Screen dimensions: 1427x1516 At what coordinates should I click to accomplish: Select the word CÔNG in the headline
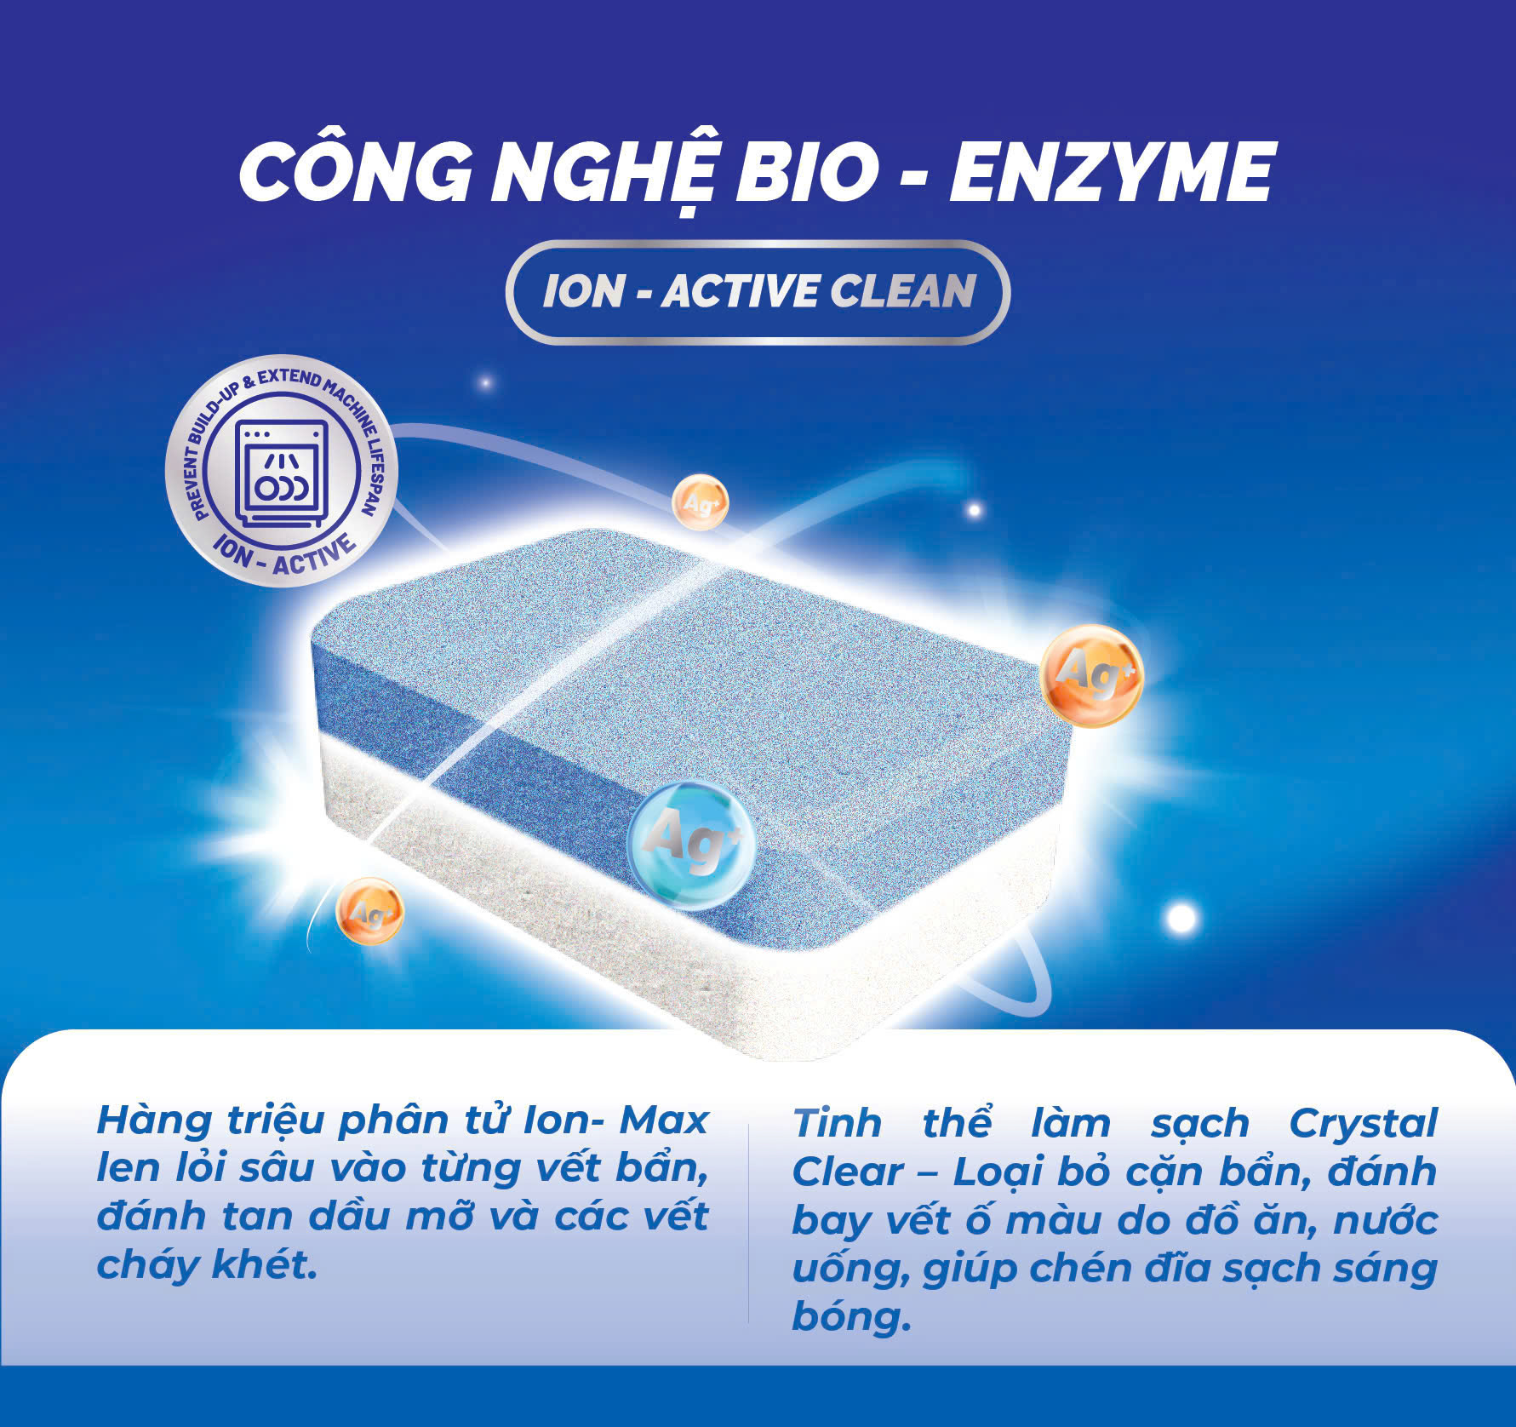[355, 174]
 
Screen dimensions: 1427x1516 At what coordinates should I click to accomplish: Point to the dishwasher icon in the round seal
[281, 473]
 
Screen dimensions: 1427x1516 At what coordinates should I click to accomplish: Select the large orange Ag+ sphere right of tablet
[1091, 674]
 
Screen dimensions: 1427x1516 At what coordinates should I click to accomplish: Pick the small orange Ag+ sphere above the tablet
[701, 502]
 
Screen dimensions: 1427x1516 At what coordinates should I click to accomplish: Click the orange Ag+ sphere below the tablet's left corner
[369, 912]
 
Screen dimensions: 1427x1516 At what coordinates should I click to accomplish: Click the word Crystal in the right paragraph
[1362, 1125]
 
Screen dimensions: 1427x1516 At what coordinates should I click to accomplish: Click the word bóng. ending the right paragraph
[850, 1318]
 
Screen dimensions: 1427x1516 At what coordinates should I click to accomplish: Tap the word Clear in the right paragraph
[848, 1172]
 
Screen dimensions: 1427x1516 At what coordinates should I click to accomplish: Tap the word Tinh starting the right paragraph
[837, 1125]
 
